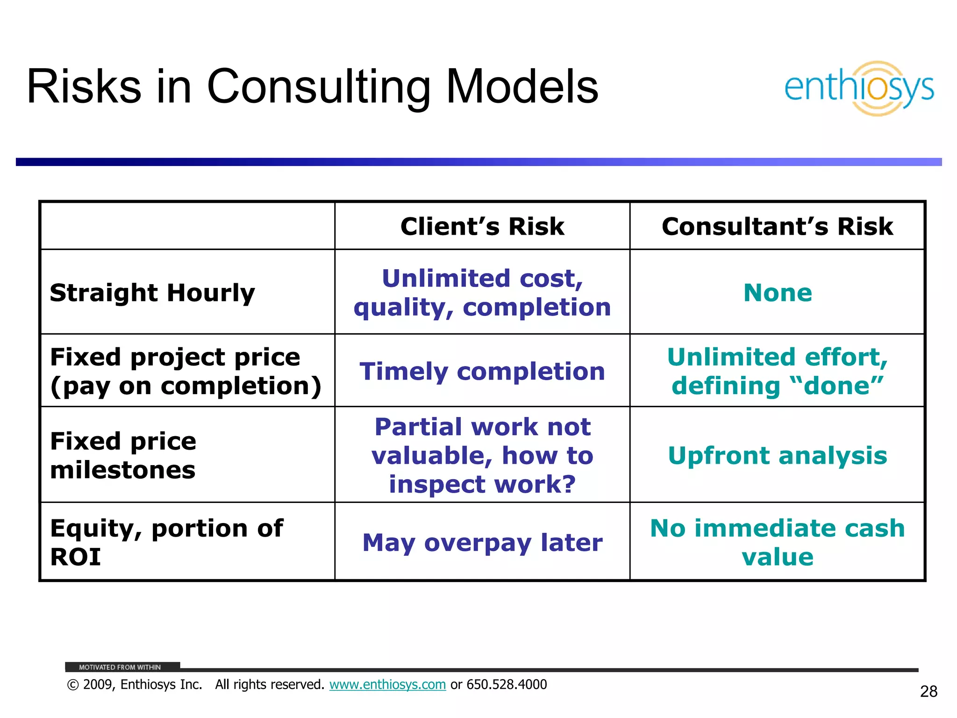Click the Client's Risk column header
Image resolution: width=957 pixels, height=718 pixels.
482,227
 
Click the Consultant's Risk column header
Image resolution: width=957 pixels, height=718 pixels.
777,227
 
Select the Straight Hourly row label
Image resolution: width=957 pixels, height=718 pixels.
152,293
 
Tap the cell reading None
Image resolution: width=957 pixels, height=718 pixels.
778,293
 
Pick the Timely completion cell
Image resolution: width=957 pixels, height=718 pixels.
482,372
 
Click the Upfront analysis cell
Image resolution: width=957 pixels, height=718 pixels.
778,455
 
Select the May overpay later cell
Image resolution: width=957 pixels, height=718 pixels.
482,543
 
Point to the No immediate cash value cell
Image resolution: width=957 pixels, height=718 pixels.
778,542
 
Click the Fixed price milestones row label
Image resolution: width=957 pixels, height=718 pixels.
123,455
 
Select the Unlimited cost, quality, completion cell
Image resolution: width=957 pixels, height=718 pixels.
482,293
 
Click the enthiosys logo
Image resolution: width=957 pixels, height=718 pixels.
859,88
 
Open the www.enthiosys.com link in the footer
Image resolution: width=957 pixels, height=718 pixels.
387,685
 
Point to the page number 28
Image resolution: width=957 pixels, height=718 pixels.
928,691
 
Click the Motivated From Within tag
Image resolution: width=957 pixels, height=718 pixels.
120,667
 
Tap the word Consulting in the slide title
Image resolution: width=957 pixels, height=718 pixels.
318,87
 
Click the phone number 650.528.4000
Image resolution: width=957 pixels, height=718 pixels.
507,685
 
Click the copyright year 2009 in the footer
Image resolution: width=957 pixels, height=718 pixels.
99,685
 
